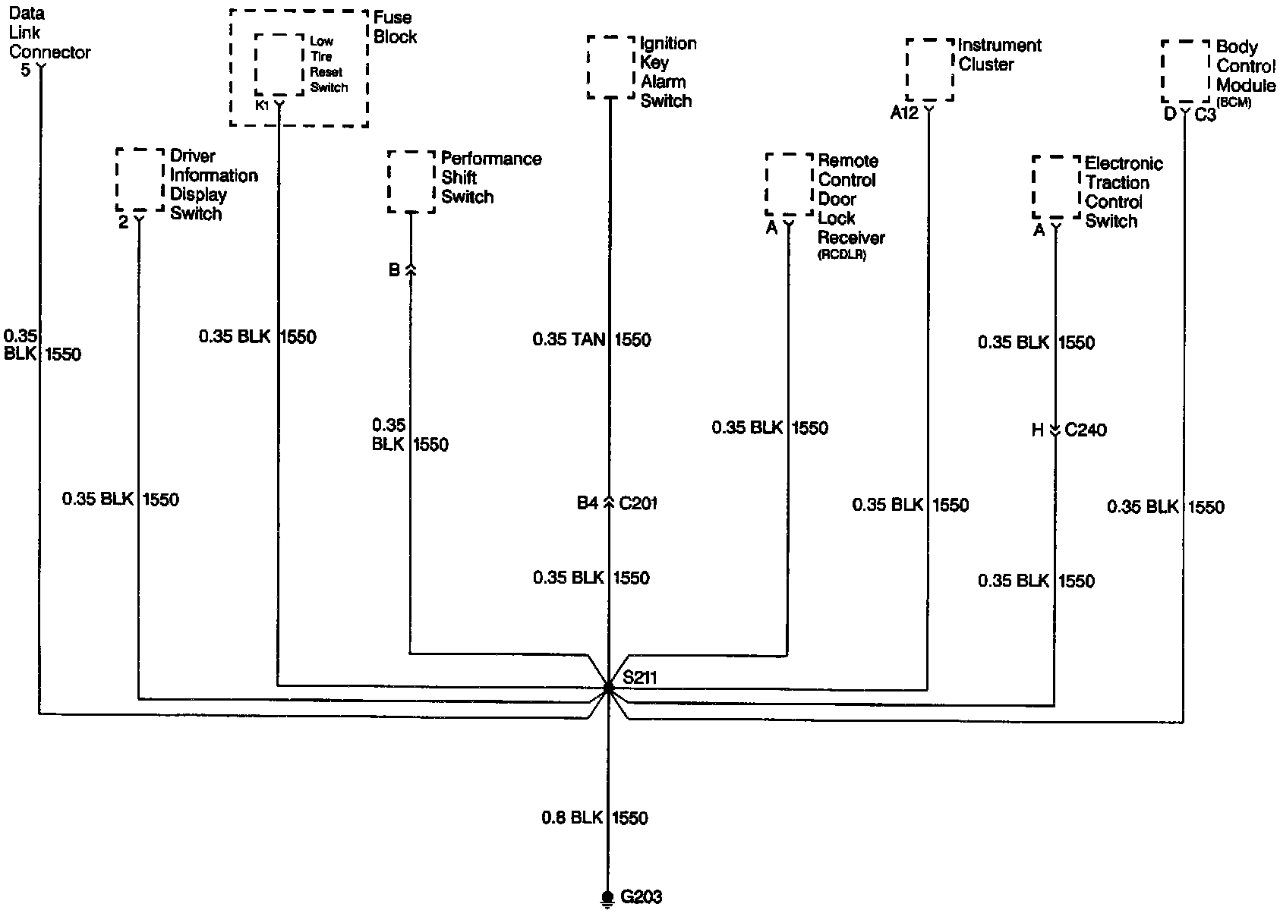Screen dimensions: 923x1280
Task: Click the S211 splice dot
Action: point(608,688)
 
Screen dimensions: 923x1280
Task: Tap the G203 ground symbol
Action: point(607,899)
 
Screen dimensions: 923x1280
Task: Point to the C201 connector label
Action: point(638,502)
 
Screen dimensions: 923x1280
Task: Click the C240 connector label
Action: point(1086,430)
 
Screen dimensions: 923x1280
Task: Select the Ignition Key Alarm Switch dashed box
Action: point(610,67)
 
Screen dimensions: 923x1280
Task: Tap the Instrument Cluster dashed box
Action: point(929,70)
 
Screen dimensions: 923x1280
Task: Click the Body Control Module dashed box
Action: point(1184,72)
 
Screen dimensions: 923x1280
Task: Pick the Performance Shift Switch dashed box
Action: point(411,182)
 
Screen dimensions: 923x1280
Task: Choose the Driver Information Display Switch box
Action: point(140,180)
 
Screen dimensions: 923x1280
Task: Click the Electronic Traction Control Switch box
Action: point(1055,187)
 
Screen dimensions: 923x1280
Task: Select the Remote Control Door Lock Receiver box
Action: point(789,184)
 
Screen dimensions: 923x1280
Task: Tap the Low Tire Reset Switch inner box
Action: point(279,64)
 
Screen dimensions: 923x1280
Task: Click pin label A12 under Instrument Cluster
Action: point(904,113)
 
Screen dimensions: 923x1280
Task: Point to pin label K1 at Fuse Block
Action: point(262,105)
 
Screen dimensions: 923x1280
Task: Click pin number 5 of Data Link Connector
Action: point(26,71)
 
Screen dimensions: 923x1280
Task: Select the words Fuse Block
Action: point(395,27)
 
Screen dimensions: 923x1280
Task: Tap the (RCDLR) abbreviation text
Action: point(842,255)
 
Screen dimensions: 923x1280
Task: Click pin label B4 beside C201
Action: point(588,502)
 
